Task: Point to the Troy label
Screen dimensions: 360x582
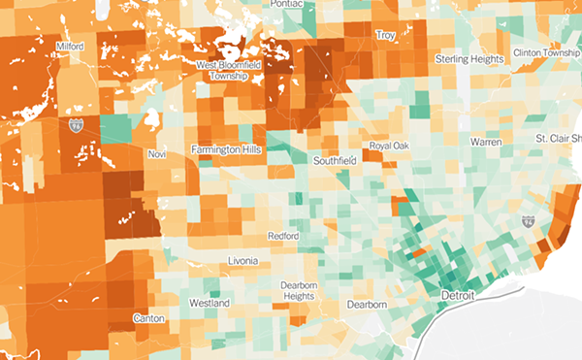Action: [386, 35]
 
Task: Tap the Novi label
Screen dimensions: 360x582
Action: [156, 154]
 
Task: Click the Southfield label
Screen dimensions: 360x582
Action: [336, 159]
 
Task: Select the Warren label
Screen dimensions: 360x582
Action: [487, 143]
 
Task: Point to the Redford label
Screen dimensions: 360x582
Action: [284, 236]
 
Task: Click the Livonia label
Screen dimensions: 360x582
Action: [242, 261]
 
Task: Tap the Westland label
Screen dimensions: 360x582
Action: [210, 304]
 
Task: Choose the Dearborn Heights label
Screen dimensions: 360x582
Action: [299, 290]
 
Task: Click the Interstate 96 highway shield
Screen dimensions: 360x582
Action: [76, 125]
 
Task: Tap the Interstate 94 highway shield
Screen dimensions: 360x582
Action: [528, 222]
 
